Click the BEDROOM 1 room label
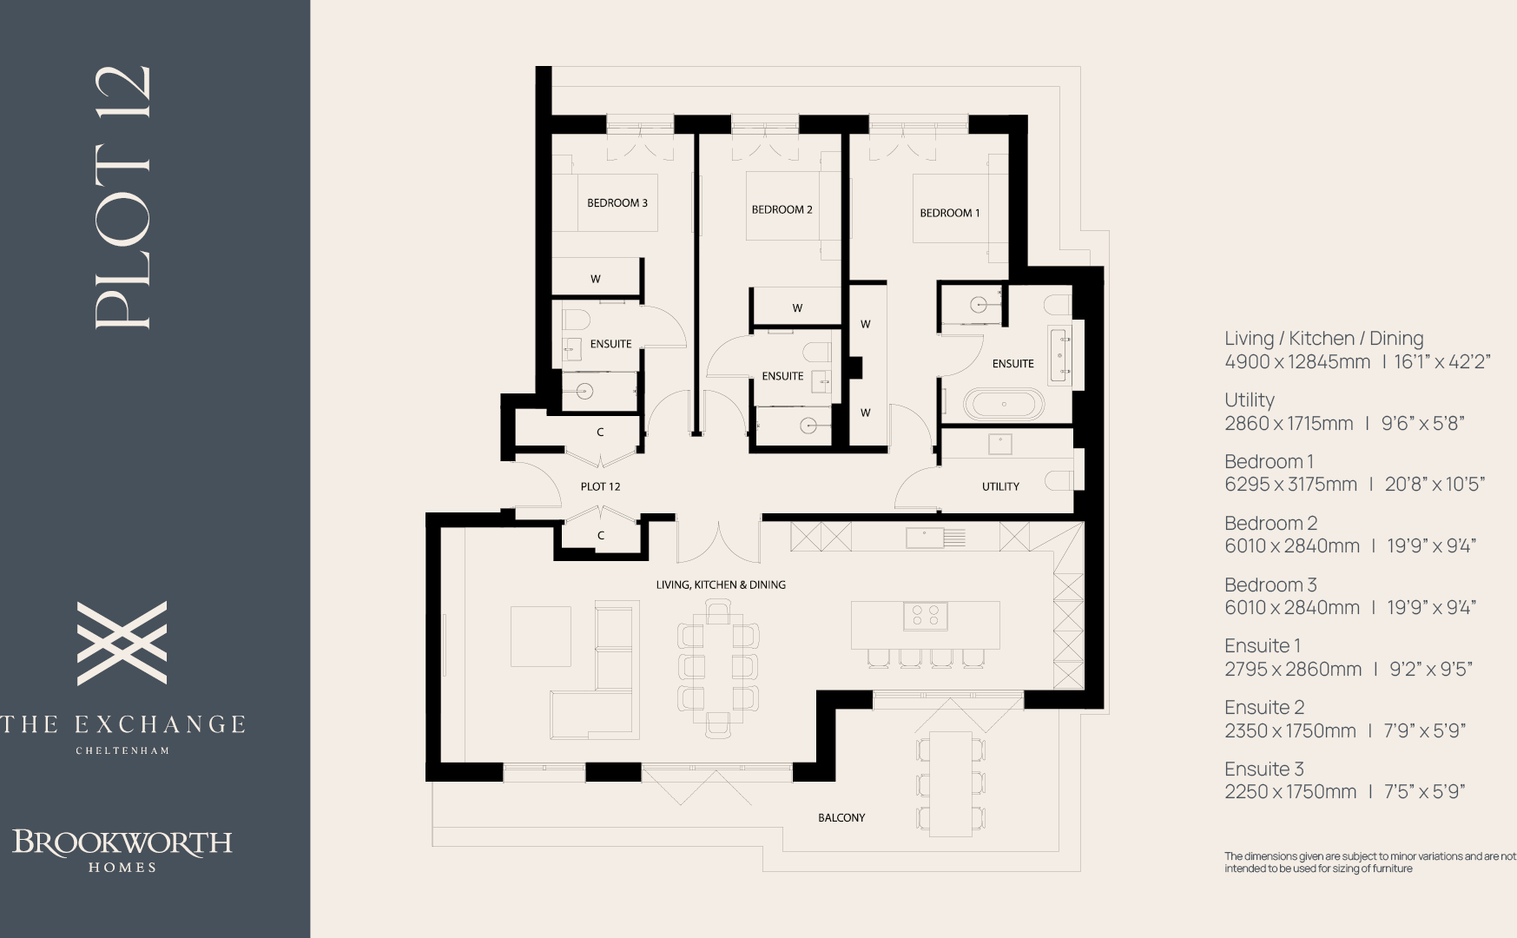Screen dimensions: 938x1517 tap(949, 213)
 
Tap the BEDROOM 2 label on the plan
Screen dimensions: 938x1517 tap(782, 209)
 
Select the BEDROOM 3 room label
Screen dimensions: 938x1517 tap(617, 203)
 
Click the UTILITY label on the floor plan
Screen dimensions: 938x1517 tap(1000, 486)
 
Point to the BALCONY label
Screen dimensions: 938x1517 tap(841, 817)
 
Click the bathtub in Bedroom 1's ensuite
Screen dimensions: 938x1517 tap(1004, 405)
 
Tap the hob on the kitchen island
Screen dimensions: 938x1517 tap(925, 616)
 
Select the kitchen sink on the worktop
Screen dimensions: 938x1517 tap(926, 538)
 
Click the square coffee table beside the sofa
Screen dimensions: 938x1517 tap(540, 637)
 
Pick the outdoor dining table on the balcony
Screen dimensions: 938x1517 tap(951, 783)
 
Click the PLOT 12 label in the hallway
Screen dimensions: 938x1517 tap(600, 486)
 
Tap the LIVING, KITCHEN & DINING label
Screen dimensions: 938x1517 tap(721, 585)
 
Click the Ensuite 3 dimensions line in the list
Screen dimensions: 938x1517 tap(1344, 791)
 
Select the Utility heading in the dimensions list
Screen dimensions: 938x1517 tap(1249, 400)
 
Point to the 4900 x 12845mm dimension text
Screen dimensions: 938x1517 tap(1297, 361)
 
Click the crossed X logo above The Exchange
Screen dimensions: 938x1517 tap(122, 643)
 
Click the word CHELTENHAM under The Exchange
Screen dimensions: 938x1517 tap(122, 750)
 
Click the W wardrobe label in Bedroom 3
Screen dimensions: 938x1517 tap(596, 279)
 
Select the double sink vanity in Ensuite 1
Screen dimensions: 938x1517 tap(1060, 355)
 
